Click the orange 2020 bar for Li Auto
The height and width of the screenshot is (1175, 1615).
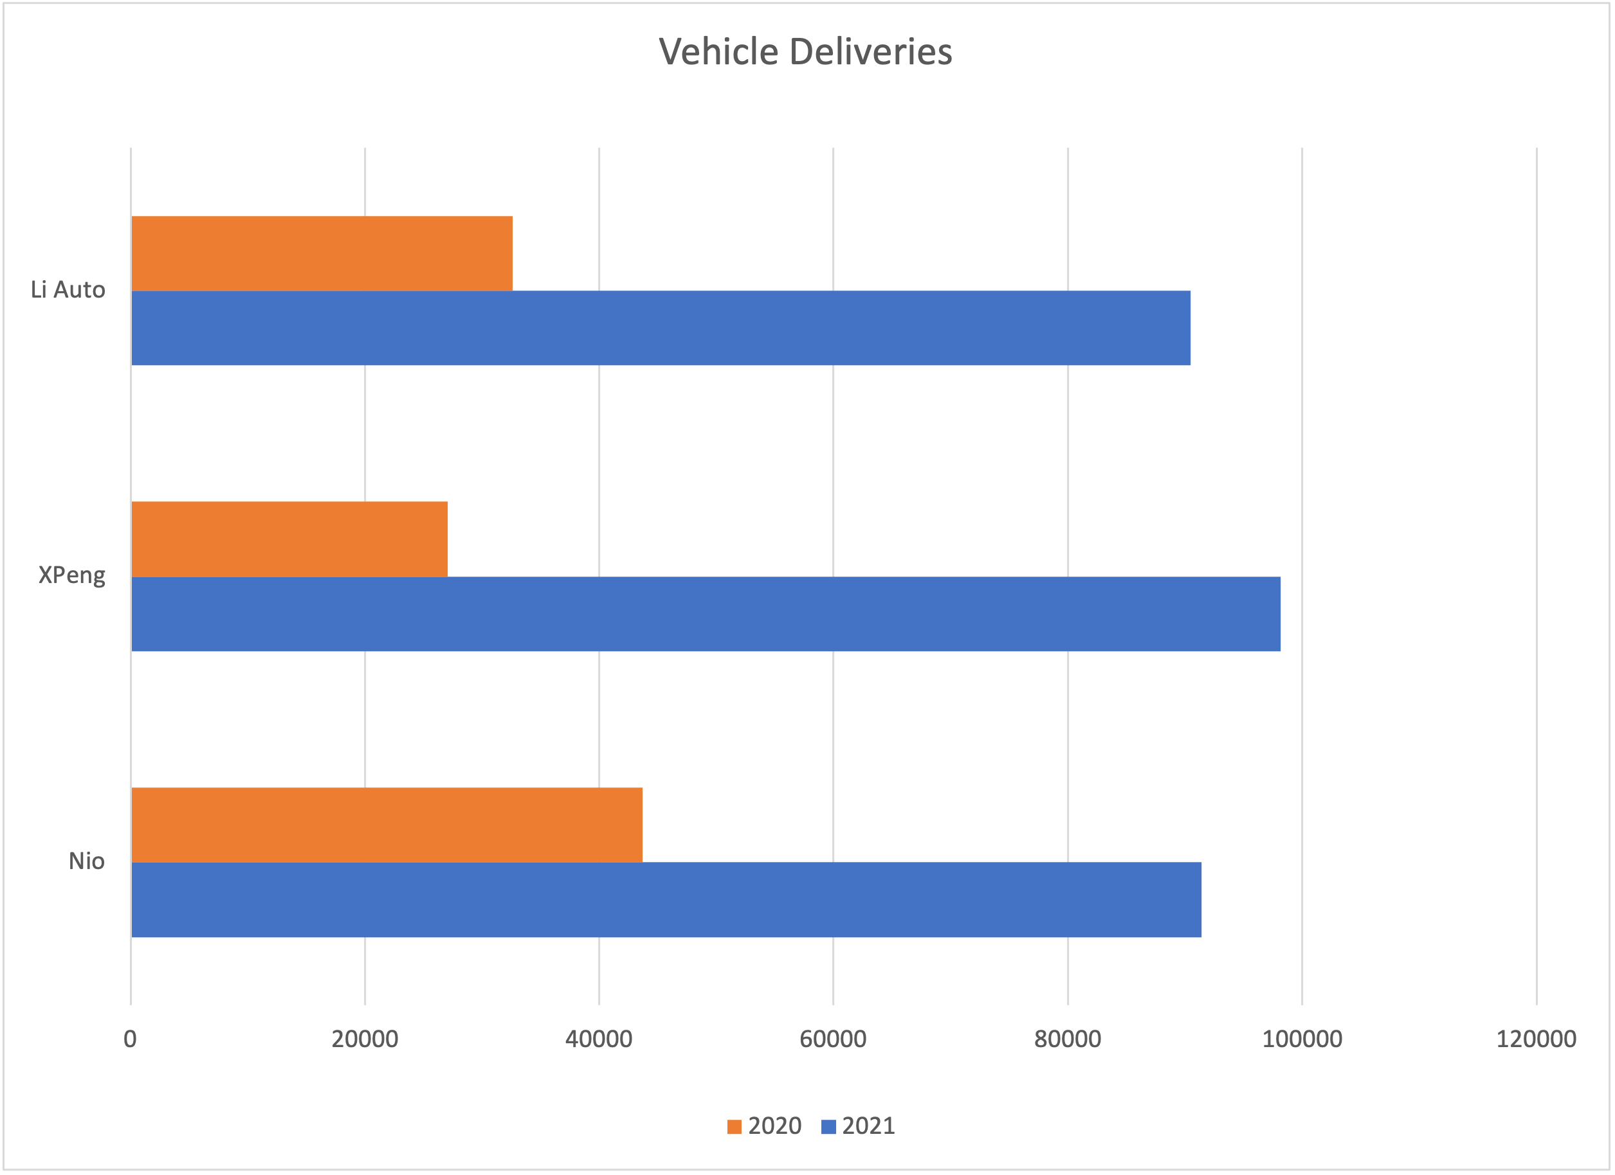(x=322, y=253)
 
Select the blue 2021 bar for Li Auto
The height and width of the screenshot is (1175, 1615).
(x=661, y=328)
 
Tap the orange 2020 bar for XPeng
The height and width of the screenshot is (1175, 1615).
(x=289, y=539)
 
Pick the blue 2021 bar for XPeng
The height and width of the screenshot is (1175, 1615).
(x=706, y=613)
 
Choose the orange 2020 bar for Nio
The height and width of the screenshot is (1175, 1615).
(x=387, y=825)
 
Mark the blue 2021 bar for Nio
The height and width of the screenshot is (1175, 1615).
(x=666, y=900)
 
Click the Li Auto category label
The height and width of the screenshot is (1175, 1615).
(x=68, y=290)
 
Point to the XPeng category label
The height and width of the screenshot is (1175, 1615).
(x=71, y=575)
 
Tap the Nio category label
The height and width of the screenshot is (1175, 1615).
(x=86, y=861)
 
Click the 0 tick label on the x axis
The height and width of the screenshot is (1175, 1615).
(x=130, y=1039)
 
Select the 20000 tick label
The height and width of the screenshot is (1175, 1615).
(x=365, y=1039)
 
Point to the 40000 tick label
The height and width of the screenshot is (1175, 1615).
(x=599, y=1039)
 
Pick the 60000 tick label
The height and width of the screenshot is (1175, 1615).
(x=833, y=1039)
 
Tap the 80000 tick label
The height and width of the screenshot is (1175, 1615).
(x=1068, y=1039)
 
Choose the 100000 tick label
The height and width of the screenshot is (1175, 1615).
(x=1302, y=1039)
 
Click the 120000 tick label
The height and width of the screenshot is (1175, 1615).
(x=1536, y=1039)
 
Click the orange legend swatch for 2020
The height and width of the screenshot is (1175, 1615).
(x=734, y=1127)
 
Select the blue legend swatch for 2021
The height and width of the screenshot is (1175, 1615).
(x=828, y=1127)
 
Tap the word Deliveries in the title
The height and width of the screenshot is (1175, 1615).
(x=870, y=52)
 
